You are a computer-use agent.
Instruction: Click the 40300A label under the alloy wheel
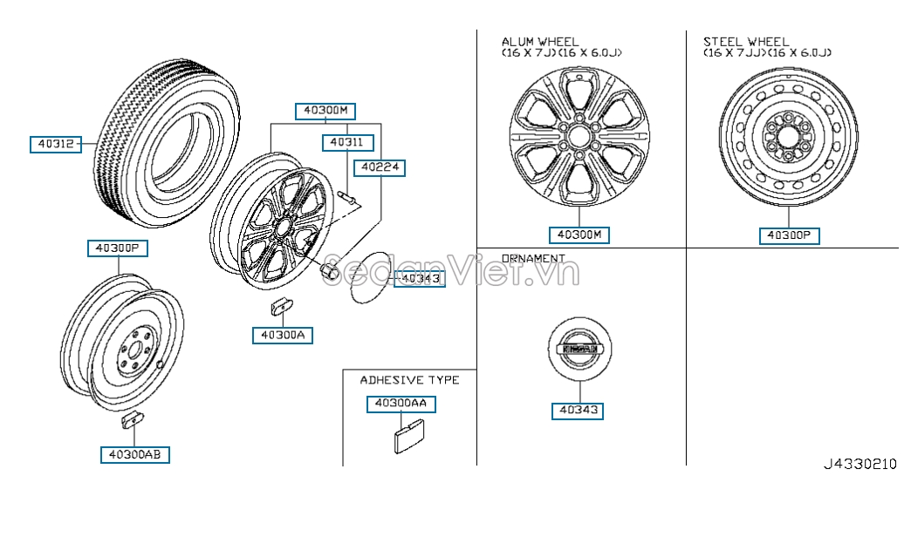pyautogui.click(x=282, y=335)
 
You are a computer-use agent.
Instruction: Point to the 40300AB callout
pyautogui.click(x=134, y=454)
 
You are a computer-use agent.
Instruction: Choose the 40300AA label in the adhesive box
pyautogui.click(x=401, y=404)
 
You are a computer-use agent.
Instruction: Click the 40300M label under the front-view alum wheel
pyautogui.click(x=579, y=235)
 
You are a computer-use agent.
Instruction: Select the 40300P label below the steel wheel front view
pyautogui.click(x=788, y=235)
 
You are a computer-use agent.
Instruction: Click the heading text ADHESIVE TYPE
pyautogui.click(x=409, y=380)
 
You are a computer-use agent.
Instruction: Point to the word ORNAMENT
pyautogui.click(x=533, y=259)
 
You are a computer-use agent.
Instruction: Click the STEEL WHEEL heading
pyautogui.click(x=746, y=42)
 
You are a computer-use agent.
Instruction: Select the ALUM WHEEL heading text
pyautogui.click(x=540, y=42)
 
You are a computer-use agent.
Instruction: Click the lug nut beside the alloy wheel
pyautogui.click(x=330, y=271)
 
